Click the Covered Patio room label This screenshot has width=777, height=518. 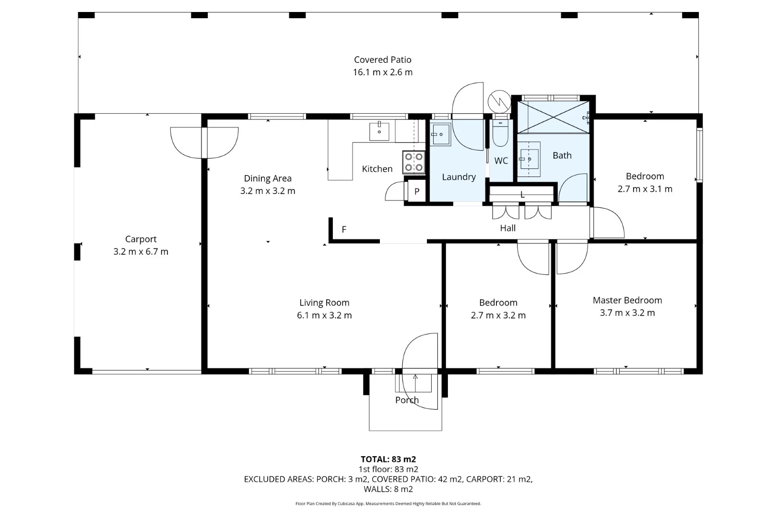pyautogui.click(x=382, y=60)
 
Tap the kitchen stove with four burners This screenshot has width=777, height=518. pyautogui.click(x=413, y=162)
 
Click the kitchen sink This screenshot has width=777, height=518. pyautogui.click(x=379, y=131)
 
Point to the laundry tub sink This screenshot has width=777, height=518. pyautogui.click(x=440, y=135)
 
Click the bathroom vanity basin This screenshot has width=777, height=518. pyautogui.click(x=529, y=159)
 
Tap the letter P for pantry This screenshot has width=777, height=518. pyautogui.click(x=417, y=191)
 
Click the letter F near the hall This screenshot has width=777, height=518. pyautogui.click(x=344, y=230)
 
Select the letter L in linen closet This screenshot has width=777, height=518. pyautogui.click(x=522, y=195)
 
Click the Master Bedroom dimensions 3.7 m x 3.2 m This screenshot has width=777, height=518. pyautogui.click(x=627, y=313)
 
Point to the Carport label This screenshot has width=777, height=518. pyautogui.click(x=141, y=239)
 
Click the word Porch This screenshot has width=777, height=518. pyautogui.click(x=407, y=400)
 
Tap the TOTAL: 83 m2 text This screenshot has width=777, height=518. pyautogui.click(x=388, y=459)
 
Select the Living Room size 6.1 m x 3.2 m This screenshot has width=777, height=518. pyautogui.click(x=324, y=315)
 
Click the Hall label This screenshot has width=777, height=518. pyautogui.click(x=507, y=228)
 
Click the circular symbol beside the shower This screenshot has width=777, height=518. pyautogui.click(x=499, y=101)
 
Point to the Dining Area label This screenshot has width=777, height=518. pyautogui.click(x=268, y=178)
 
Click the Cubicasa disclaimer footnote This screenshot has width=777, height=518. pyautogui.click(x=388, y=504)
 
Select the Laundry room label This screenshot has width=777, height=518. pyautogui.click(x=459, y=177)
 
